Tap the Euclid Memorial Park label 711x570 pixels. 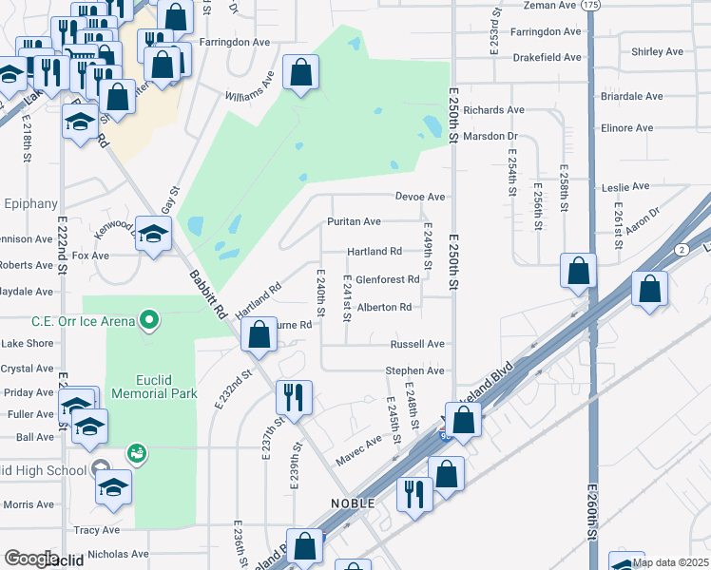[153, 384]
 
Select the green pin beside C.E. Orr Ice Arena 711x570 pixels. [148, 320]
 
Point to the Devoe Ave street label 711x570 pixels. [420, 197]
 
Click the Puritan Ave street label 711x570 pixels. [354, 221]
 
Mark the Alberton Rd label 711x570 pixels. [384, 307]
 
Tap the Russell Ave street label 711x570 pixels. [415, 344]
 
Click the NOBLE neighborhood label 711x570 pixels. [352, 502]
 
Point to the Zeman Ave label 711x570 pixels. [550, 5]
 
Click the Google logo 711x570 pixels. [30, 559]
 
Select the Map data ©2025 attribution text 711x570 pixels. [670, 563]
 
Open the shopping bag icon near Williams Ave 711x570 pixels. [300, 74]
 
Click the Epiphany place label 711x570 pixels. [29, 202]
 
